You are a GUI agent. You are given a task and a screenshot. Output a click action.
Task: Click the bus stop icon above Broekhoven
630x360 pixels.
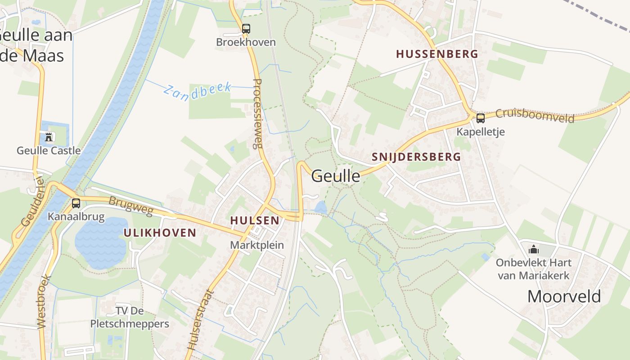(246, 29)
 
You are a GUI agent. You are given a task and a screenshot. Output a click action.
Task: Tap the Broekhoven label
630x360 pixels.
(246, 42)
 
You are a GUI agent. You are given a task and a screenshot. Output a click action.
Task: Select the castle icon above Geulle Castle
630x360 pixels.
(49, 137)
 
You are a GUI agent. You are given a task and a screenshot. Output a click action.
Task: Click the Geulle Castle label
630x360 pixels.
(49, 150)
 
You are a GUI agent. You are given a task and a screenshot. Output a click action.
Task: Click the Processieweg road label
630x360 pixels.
(257, 114)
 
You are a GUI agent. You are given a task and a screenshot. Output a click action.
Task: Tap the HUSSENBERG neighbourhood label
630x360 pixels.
(437, 54)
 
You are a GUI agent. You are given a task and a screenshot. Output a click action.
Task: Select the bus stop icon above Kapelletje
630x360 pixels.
(481, 118)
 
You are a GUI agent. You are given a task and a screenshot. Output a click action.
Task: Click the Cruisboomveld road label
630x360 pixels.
(535, 116)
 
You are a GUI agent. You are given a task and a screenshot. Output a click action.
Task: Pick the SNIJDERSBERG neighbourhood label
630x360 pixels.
(417, 157)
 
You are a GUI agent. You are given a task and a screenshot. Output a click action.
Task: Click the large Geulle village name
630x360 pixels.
(336, 176)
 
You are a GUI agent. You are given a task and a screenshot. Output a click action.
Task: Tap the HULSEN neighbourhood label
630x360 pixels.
(255, 220)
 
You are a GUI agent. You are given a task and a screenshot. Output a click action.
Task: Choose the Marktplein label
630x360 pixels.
(257, 245)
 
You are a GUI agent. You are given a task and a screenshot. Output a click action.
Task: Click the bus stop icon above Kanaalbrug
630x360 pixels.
(76, 203)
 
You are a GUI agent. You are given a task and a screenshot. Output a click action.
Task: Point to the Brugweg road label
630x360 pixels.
(131, 206)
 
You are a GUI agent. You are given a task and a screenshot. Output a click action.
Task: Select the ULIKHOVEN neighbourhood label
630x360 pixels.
(160, 233)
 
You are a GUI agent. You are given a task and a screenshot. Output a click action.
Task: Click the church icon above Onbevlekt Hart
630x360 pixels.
(534, 249)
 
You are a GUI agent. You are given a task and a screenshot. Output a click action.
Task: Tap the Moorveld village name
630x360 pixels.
(564, 296)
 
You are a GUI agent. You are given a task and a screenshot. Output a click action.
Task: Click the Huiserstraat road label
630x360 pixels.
(198, 320)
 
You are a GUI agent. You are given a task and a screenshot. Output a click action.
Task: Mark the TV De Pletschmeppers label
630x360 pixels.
(130, 317)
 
